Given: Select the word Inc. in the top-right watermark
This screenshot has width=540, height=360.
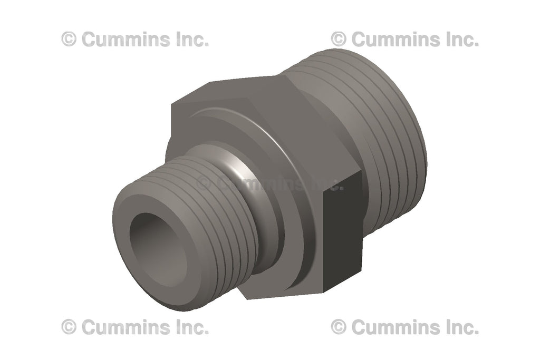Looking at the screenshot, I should tap(459, 40).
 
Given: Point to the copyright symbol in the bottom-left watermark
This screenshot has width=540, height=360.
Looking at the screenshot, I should tap(69, 327).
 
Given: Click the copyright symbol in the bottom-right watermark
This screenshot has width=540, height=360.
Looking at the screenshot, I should tap(339, 327).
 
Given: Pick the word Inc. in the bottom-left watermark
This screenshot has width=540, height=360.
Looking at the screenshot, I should tap(189, 327).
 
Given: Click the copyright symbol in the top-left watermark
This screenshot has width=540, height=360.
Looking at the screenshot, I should tap(69, 40).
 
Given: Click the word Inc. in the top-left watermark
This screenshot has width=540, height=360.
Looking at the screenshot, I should tap(189, 40).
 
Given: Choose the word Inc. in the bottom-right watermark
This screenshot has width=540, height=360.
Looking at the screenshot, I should tap(459, 327).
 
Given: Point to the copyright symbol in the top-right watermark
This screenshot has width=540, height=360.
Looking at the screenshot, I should tap(339, 40).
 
